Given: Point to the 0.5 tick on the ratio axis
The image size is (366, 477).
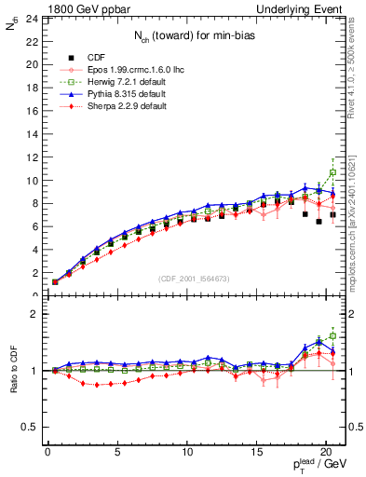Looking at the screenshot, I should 29,427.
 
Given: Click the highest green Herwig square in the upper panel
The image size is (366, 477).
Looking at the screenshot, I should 332,172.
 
